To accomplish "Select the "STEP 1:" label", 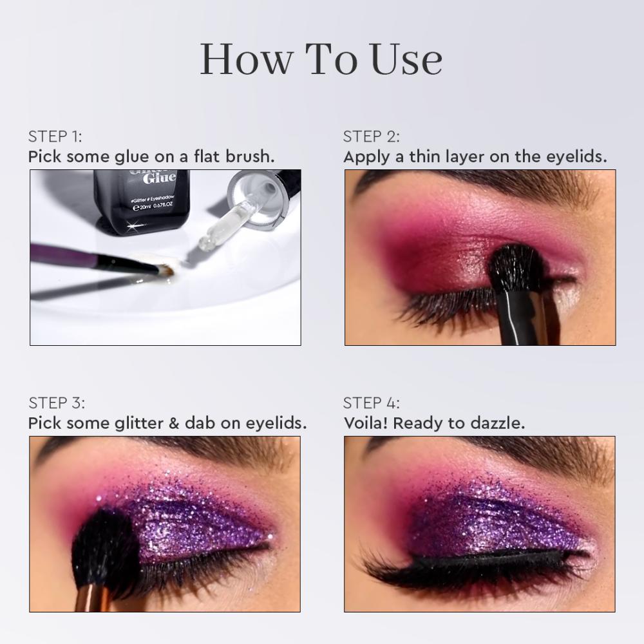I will (x=55, y=137).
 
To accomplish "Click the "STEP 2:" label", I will (x=372, y=137).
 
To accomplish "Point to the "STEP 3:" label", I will (x=57, y=403).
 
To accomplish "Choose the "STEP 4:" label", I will (x=372, y=403).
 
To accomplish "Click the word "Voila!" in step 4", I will (x=366, y=423).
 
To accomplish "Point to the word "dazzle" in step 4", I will (x=499, y=423).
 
